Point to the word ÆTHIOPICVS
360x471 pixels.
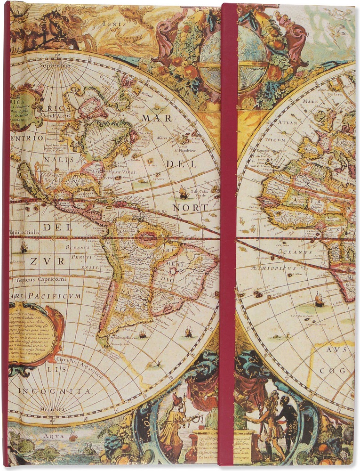(x=273, y=268)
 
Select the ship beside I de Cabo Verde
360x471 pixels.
(x=184, y=192)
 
